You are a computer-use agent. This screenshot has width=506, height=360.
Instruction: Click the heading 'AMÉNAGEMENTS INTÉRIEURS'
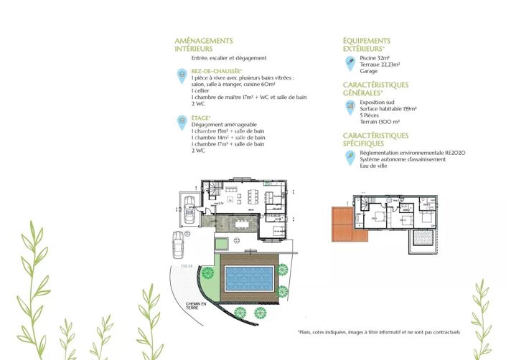pos(204,45)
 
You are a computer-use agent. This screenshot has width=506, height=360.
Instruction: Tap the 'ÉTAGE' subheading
pos(200,118)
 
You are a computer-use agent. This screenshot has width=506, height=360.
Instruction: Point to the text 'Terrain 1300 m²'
pos(380,123)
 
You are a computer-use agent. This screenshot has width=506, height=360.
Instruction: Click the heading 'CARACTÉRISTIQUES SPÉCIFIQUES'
pos(375,139)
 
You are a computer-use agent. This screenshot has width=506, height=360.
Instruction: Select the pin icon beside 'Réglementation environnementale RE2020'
pos(350,158)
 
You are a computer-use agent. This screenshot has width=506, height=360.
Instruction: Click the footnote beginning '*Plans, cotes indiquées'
pos(378,332)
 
